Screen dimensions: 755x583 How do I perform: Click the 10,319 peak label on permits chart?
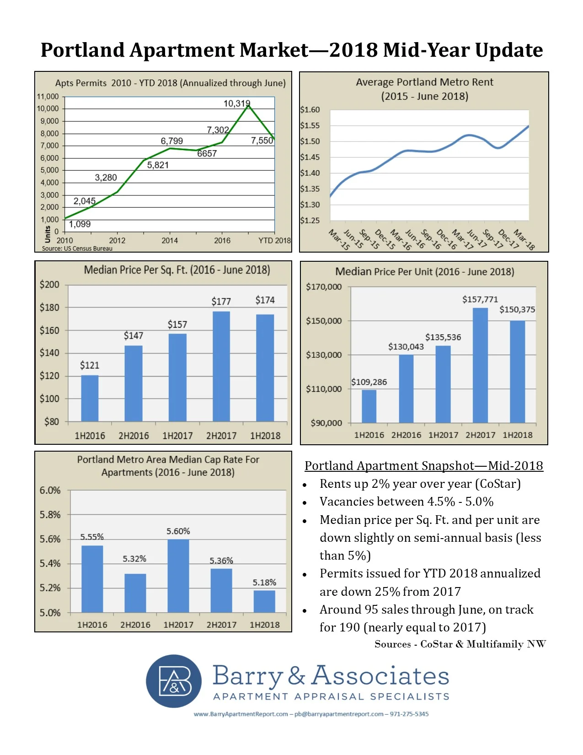236,104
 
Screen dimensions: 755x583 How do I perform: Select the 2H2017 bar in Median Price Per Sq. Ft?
221,366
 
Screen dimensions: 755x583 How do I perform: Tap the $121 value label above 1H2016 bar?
90,365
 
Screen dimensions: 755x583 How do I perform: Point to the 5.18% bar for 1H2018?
264,601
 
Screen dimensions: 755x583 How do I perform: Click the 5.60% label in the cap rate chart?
178,531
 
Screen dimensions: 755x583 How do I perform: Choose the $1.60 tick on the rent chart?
310,110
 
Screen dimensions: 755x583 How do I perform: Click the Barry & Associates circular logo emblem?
174,681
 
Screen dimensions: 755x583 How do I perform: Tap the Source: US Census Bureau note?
77,248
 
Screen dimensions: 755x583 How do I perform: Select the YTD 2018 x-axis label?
274,241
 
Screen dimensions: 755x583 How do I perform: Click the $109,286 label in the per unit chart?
369,382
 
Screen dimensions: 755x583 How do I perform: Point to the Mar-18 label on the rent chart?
524,239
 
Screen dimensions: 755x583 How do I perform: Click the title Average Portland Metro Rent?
424,82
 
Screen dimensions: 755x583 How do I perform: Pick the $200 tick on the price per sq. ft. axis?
49,285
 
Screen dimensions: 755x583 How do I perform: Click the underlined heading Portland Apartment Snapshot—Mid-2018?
424,466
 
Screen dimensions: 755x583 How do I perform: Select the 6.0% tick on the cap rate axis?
50,491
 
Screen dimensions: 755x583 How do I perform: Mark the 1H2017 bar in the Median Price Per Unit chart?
443,384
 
